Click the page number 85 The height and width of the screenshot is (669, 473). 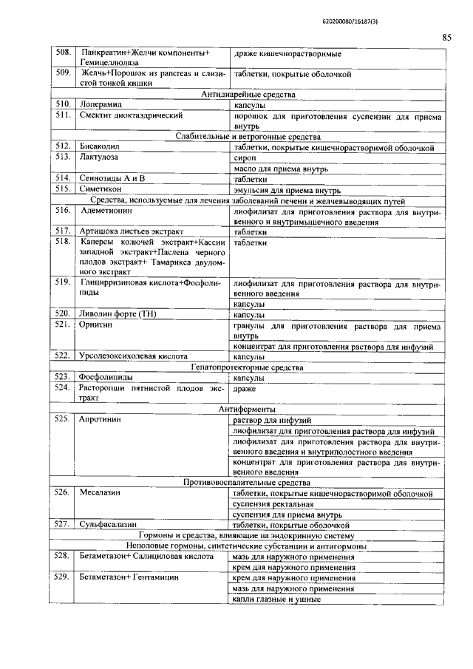(x=446, y=37)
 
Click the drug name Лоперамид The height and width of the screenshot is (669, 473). (x=101, y=105)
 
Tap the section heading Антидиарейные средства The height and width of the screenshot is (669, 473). (x=248, y=95)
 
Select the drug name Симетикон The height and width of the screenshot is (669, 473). (x=102, y=189)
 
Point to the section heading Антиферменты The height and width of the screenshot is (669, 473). (x=248, y=408)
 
